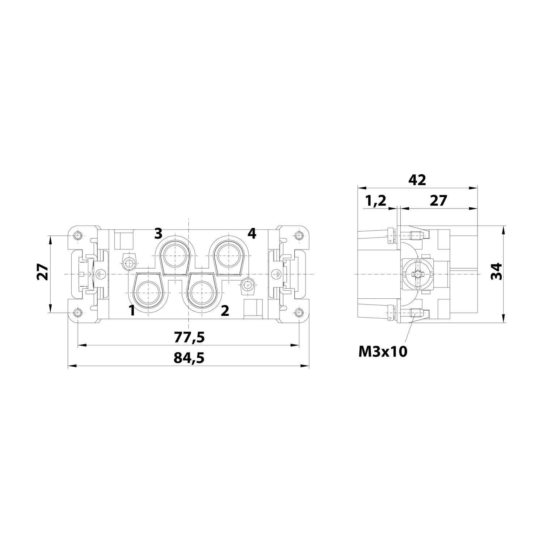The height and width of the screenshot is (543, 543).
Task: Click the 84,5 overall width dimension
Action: pyautogui.click(x=189, y=358)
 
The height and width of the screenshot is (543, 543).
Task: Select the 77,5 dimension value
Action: pyautogui.click(x=189, y=337)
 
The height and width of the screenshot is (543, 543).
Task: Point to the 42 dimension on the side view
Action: pyautogui.click(x=417, y=180)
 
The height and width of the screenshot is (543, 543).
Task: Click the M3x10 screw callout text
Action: pyautogui.click(x=383, y=351)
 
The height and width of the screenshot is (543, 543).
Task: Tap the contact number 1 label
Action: pyautogui.click(x=132, y=310)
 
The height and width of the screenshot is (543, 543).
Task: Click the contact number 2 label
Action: pyautogui.click(x=225, y=310)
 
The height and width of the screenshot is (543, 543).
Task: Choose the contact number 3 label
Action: pyautogui.click(x=158, y=233)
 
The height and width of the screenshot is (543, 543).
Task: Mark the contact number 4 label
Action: pyautogui.click(x=252, y=233)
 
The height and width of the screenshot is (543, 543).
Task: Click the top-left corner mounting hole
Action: pyautogui.click(x=77, y=236)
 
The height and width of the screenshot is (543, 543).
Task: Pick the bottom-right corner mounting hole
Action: pyautogui.click(x=299, y=313)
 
